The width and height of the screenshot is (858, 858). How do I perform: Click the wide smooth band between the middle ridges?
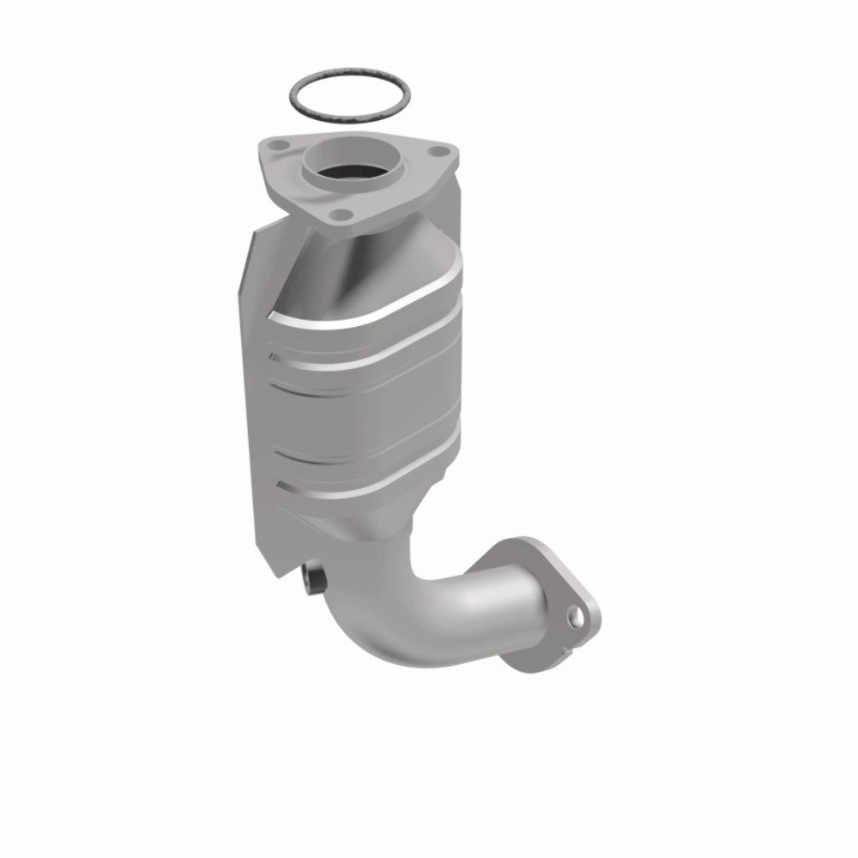click(x=378, y=403)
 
